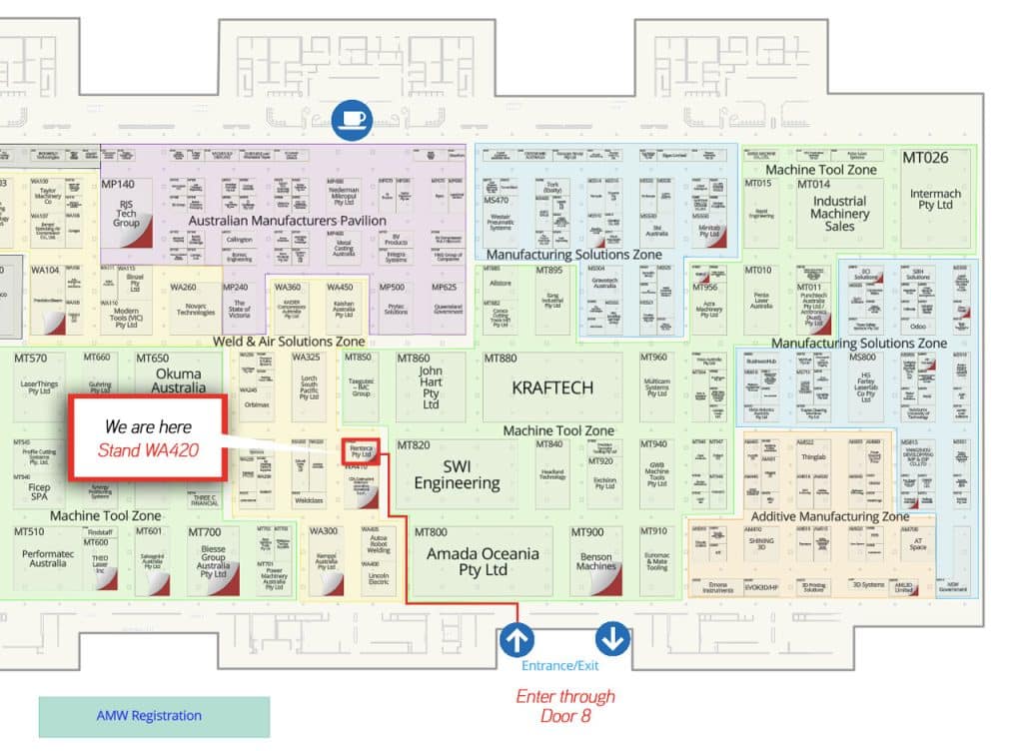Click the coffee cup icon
click(353, 119)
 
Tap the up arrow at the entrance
click(516, 636)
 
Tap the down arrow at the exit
click(611, 636)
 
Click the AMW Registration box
click(154, 716)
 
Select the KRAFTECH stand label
click(552, 387)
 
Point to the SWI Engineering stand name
click(457, 474)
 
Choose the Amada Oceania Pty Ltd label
click(483, 561)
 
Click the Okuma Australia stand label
click(179, 381)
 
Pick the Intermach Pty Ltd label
click(936, 199)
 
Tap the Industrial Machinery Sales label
click(839, 213)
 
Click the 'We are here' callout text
click(148, 427)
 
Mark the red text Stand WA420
click(148, 449)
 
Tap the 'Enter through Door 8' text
click(565, 705)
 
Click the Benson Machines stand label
click(596, 560)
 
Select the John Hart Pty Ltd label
click(431, 387)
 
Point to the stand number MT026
click(925, 158)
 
